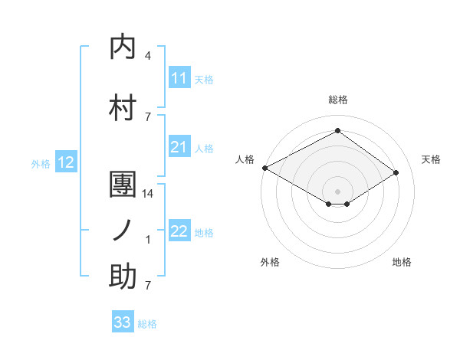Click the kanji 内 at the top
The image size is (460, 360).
click(x=123, y=47)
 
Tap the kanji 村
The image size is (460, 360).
click(x=123, y=106)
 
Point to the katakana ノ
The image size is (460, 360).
click(x=123, y=231)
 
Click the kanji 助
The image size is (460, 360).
click(x=123, y=277)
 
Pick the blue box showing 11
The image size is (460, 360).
click(x=179, y=78)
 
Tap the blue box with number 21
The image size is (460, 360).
click(x=179, y=147)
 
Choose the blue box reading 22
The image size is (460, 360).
click(x=179, y=231)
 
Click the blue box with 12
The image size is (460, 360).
click(x=65, y=162)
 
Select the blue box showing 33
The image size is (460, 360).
click(x=123, y=322)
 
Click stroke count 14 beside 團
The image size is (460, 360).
click(x=149, y=195)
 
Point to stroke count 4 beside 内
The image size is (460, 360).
click(x=148, y=57)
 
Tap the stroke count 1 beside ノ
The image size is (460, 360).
click(x=148, y=240)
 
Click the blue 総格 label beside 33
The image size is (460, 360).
click(x=147, y=324)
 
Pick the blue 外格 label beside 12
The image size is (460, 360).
click(x=41, y=163)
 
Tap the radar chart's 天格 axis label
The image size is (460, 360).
click(x=431, y=159)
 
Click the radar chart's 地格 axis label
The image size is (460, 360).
click(x=402, y=262)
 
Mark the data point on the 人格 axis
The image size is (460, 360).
click(x=264, y=167)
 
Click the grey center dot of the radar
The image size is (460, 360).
click(x=337, y=190)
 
